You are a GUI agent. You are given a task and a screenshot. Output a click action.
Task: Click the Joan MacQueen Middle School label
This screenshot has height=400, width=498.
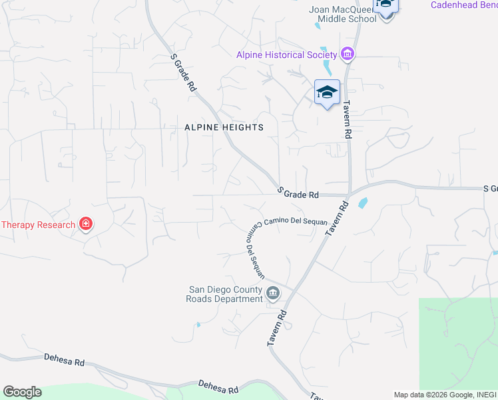click(342, 14)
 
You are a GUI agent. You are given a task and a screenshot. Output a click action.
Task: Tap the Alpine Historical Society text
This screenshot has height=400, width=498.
click(286, 55)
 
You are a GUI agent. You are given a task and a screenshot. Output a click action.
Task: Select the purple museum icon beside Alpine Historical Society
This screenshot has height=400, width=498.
click(347, 54)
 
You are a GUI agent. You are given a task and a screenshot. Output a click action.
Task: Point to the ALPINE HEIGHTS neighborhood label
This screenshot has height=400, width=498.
click(224, 127)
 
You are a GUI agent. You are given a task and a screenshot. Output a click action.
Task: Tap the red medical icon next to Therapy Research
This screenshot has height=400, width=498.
click(85, 224)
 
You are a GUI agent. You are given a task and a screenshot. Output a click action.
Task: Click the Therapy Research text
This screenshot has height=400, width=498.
click(38, 225)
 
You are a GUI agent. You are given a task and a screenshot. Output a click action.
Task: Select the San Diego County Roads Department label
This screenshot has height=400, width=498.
click(226, 294)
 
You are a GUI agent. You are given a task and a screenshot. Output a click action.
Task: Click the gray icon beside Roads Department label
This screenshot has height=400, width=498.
click(273, 293)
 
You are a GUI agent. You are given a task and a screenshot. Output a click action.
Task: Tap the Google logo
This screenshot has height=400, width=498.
click(22, 392)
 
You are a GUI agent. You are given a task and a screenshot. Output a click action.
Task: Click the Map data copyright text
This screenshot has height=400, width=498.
click(445, 395)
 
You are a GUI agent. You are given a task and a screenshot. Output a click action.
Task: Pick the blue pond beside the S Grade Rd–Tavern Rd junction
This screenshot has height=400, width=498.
click(362, 203)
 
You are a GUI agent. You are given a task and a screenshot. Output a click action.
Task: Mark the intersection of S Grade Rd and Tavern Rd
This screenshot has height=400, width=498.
click(350, 195)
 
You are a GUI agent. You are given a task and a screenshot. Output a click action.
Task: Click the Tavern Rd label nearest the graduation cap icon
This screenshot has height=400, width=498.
click(347, 119)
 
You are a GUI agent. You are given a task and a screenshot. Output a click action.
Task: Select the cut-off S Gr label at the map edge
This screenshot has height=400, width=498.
click(490, 189)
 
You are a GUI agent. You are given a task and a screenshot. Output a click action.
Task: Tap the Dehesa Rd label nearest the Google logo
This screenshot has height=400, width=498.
click(65, 361)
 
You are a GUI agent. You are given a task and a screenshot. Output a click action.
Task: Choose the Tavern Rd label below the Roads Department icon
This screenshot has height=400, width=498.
click(278, 327)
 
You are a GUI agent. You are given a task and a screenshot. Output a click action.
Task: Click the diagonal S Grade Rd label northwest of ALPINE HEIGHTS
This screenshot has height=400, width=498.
click(184, 73)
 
